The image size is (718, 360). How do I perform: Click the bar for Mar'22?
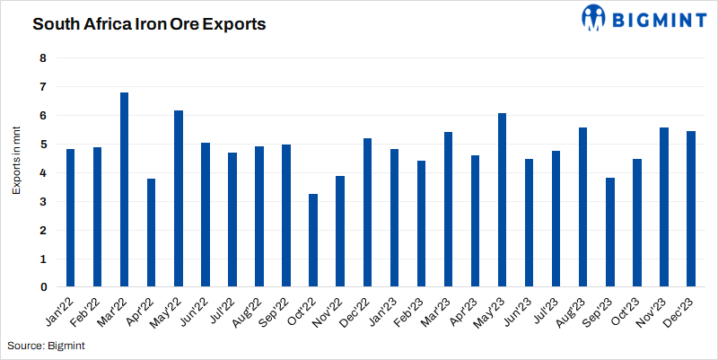coord(124,189)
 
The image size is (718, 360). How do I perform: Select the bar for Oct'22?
coord(313,241)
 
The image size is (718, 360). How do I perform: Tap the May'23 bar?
coord(503,200)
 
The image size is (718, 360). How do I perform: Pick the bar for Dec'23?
coord(691,209)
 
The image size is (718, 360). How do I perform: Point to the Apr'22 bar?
coord(152,233)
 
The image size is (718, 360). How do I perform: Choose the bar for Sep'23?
coord(610,233)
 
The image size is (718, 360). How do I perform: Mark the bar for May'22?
coord(179,198)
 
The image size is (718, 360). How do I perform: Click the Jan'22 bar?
coord(70,218)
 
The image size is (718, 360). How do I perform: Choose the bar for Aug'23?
coord(583,207)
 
